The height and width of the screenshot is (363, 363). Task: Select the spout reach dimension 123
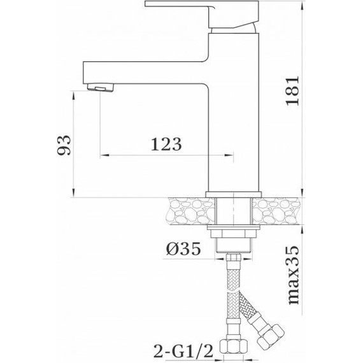coord(167,143)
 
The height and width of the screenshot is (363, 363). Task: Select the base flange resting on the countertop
coord(234,194)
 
